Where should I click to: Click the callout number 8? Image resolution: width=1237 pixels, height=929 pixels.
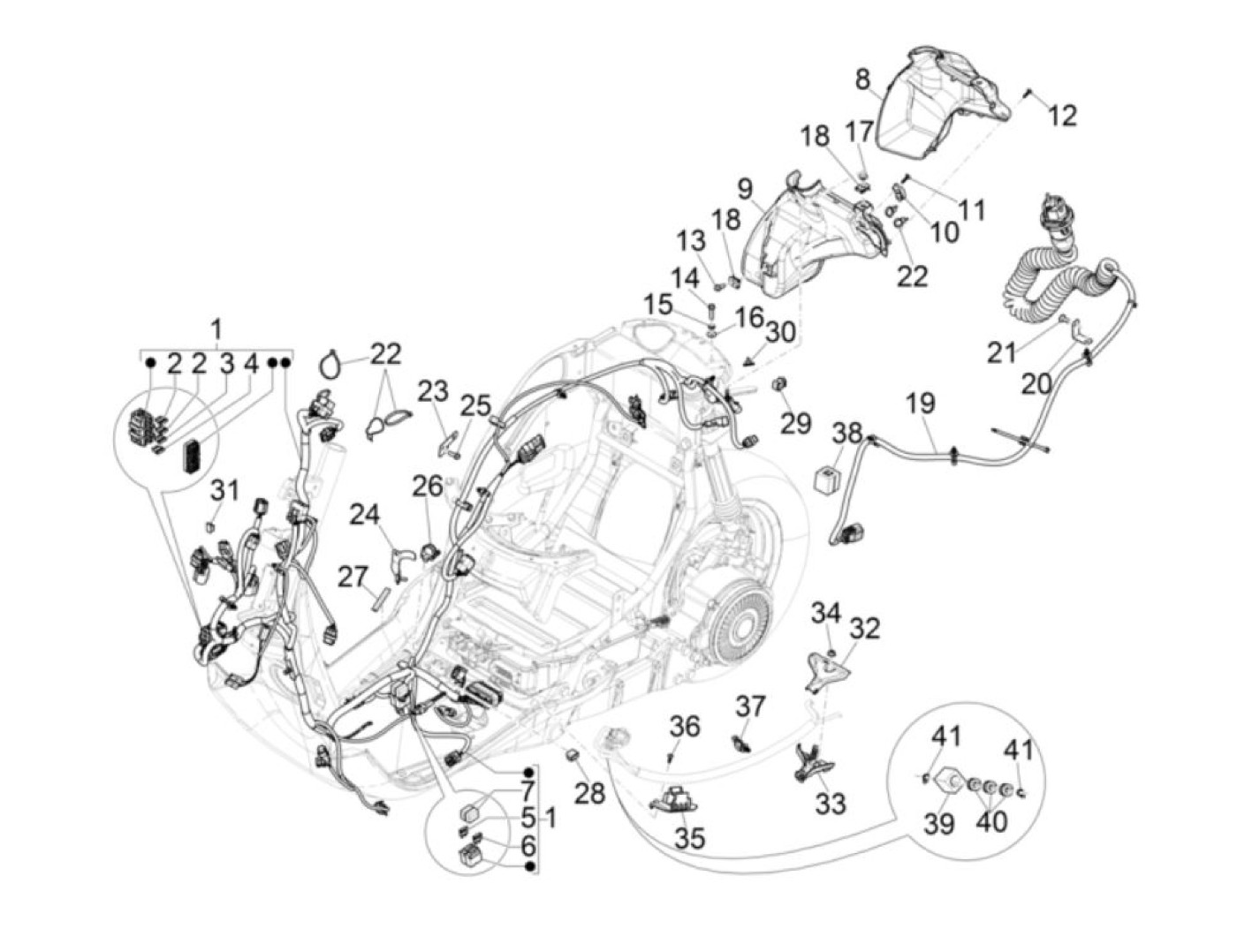[863, 80]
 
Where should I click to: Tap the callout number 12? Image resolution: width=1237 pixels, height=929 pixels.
[1064, 115]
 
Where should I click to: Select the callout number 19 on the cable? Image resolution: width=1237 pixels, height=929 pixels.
[920, 405]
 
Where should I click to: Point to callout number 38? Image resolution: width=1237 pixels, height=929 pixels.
[847, 433]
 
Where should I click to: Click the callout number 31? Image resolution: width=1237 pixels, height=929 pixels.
[224, 490]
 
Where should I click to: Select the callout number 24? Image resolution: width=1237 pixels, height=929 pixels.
[363, 513]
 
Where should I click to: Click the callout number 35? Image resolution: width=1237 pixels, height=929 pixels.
[689, 837]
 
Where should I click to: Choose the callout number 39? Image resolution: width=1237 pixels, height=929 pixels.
[939, 823]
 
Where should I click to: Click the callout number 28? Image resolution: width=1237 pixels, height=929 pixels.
[590, 792]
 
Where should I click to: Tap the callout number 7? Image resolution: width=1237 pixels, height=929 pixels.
[527, 791]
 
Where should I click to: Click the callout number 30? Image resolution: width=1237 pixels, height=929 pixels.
[781, 332]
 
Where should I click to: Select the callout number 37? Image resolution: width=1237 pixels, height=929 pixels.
[751, 706]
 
